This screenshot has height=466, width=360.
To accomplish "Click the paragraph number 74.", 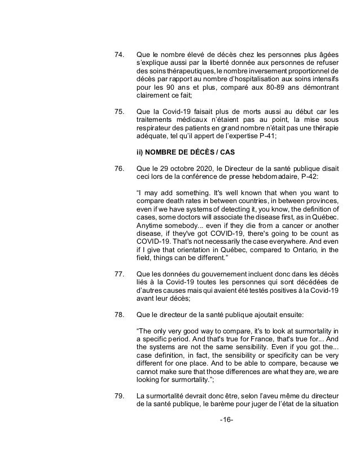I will [118, 55].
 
